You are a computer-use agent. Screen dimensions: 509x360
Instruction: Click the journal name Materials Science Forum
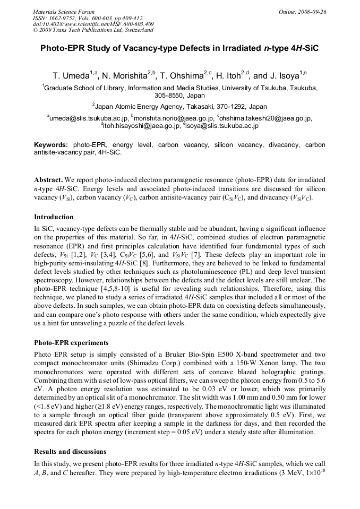pos(64,12)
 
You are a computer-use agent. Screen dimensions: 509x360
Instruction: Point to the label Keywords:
pos(51,145)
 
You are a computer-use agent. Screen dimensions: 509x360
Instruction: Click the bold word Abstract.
pos(48,180)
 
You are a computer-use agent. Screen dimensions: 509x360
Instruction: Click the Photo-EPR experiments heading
pos(71,342)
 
